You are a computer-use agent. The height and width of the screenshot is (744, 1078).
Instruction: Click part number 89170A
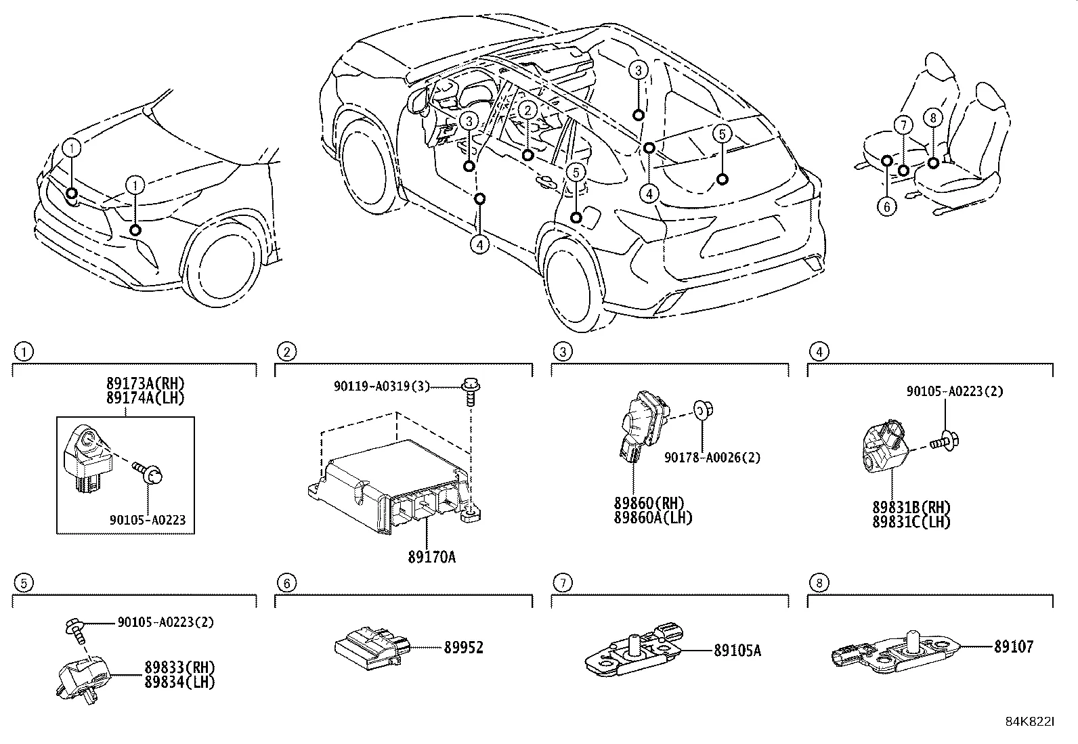tap(431, 556)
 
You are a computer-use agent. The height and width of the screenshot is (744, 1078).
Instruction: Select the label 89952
tap(463, 648)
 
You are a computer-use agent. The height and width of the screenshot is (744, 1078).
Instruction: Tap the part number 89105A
tap(737, 651)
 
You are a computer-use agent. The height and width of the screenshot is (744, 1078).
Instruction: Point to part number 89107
tap(1013, 647)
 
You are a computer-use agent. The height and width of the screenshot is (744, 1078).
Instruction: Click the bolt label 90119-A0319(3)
tap(382, 386)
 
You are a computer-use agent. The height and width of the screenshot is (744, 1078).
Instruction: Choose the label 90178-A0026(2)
tap(712, 458)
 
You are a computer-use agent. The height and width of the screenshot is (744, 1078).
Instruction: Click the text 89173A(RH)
tap(145, 384)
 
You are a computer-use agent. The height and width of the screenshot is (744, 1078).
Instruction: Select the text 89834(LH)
tap(179, 682)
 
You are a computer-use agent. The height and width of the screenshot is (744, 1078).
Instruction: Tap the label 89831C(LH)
tap(911, 522)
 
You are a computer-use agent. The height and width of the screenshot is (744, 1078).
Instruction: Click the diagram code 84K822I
tap(1030, 722)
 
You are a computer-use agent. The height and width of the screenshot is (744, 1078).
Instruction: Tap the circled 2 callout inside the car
tap(528, 110)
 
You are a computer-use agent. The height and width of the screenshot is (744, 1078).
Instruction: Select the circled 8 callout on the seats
tap(932, 118)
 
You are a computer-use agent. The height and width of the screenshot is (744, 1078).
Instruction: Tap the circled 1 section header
tap(24, 351)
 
